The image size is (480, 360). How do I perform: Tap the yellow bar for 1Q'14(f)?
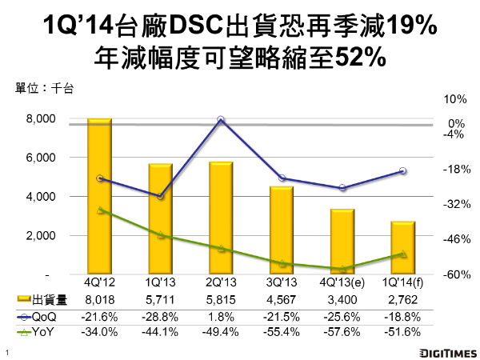tap(402, 247)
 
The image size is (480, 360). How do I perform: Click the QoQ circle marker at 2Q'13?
tap(221, 120)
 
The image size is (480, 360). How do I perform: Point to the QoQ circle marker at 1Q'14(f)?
tap(402, 171)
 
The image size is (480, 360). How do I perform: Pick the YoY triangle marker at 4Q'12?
tap(98, 210)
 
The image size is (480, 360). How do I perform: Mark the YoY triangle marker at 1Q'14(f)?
tap(402, 254)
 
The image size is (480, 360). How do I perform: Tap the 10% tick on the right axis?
tap(454, 100)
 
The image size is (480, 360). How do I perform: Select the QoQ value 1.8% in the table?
tap(221, 316)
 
